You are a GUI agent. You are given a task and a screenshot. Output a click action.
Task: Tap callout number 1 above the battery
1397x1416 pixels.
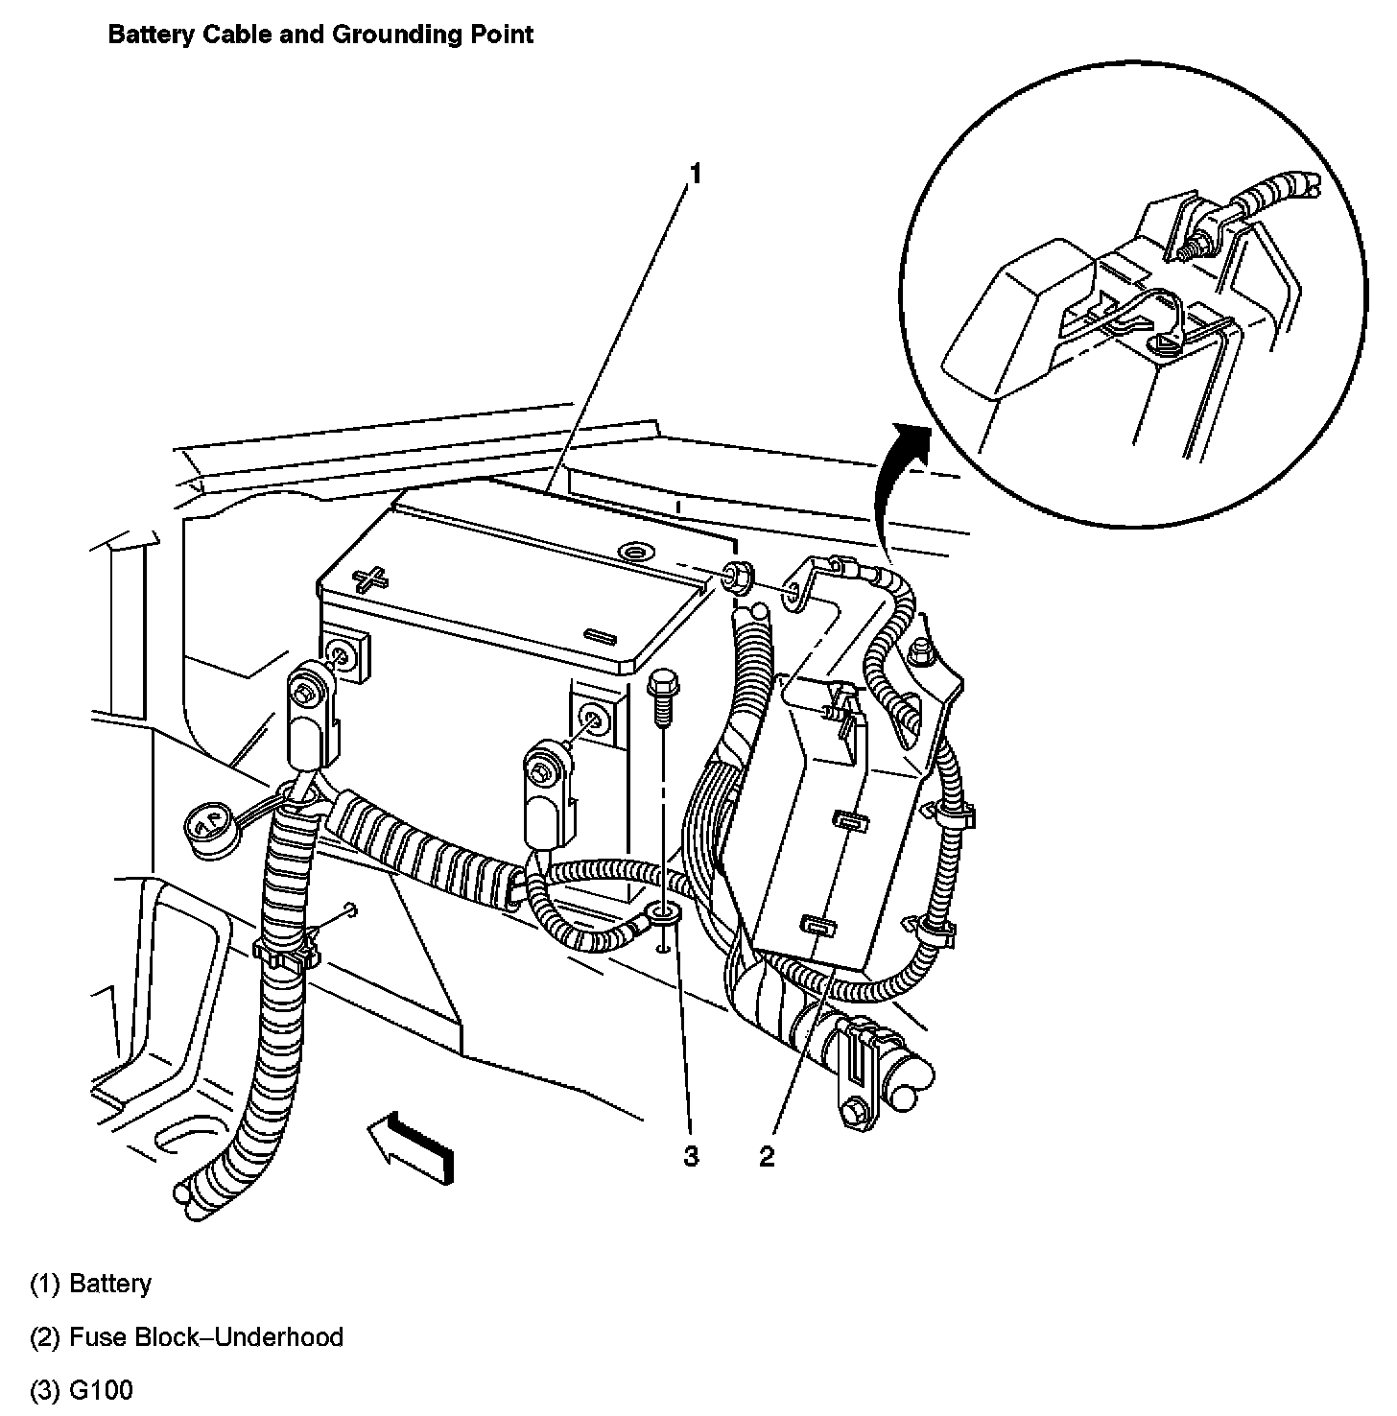point(697,174)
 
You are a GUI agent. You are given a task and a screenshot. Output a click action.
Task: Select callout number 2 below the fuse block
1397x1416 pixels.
point(766,1157)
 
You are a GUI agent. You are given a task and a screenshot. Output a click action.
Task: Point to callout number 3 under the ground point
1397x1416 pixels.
point(691,1157)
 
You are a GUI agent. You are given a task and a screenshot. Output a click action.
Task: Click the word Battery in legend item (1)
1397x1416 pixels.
point(110,1284)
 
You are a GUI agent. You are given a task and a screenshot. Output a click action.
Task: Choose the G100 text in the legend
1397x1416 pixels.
point(102,1390)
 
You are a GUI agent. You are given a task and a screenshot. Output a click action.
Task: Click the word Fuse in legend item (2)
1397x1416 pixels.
point(94,1337)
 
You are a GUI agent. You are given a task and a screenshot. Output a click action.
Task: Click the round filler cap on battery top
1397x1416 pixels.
point(635,552)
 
